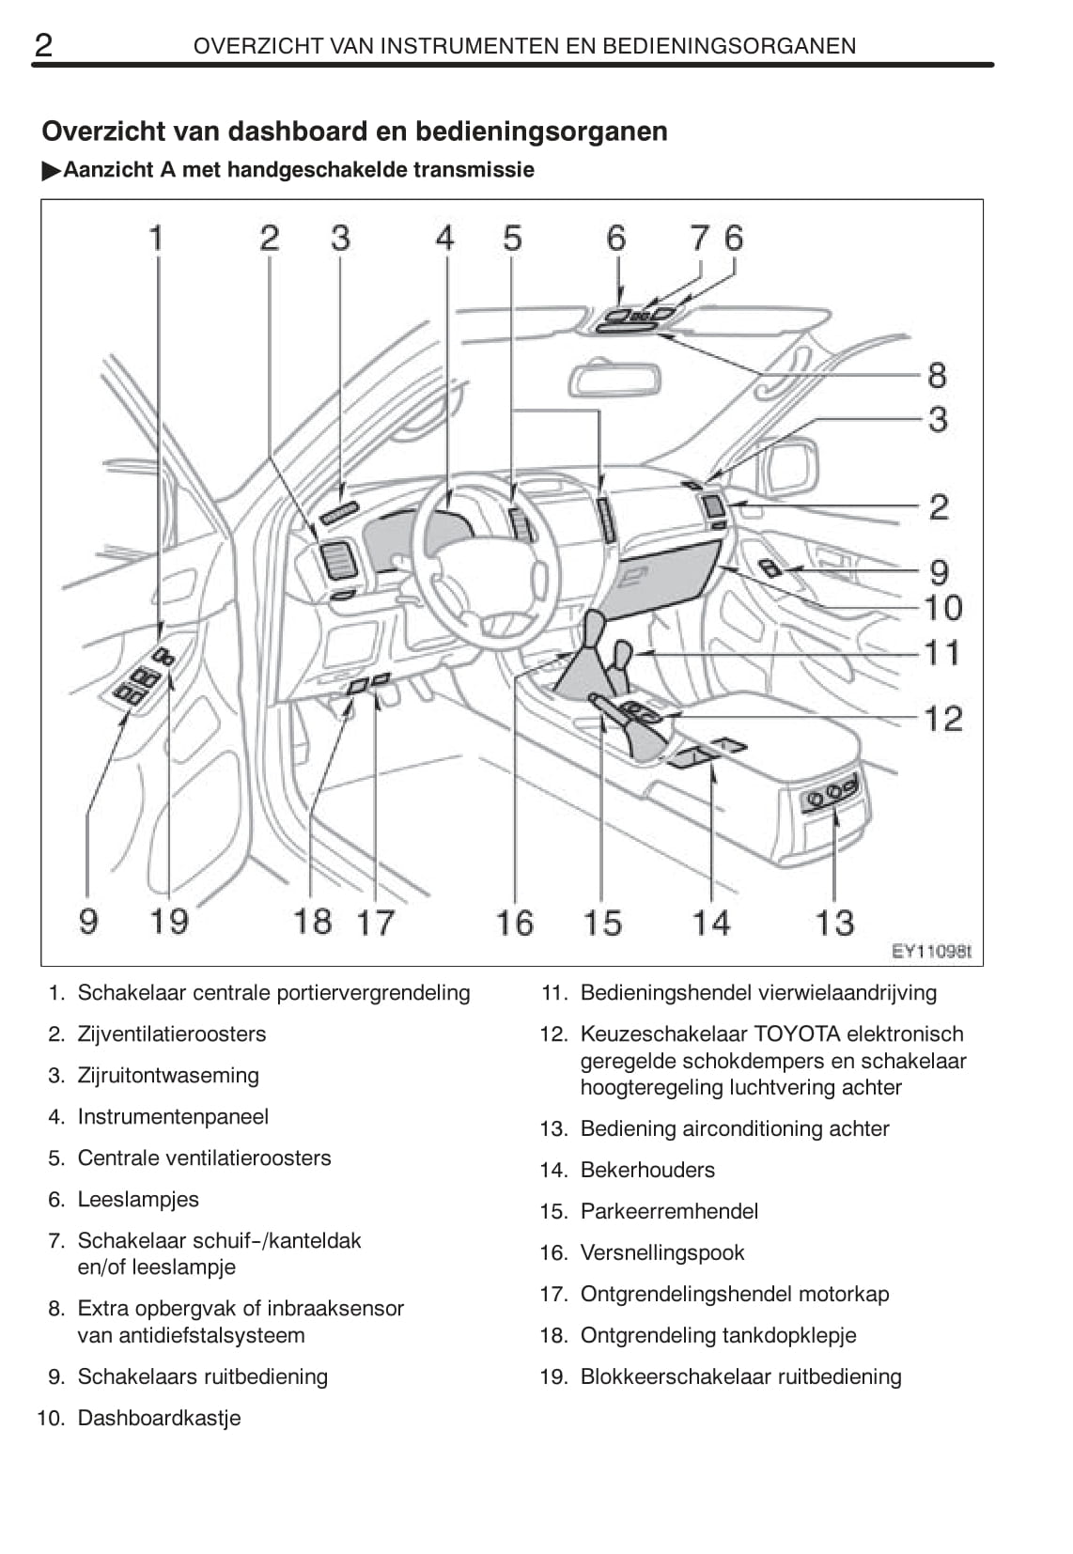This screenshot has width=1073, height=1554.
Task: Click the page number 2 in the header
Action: coord(43,44)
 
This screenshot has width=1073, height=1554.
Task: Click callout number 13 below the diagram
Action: coord(833,923)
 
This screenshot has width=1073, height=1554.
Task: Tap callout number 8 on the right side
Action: coord(937,375)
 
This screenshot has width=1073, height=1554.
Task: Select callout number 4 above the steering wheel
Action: coord(444,238)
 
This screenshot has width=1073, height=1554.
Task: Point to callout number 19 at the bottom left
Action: coord(169,921)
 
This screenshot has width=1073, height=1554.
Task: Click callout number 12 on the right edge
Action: coord(943,719)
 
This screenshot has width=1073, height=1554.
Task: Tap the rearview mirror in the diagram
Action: coord(614,380)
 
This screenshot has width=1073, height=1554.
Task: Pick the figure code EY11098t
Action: coord(930,951)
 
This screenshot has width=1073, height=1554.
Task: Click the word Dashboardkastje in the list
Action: coord(159,1418)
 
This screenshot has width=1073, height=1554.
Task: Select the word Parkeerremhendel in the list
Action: coord(669,1211)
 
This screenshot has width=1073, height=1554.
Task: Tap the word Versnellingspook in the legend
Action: coord(662,1252)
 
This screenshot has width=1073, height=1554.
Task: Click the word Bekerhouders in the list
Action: coord(647,1170)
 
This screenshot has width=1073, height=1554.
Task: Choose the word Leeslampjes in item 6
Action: coord(138,1199)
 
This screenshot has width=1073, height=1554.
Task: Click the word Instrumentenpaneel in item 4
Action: coord(173,1116)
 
